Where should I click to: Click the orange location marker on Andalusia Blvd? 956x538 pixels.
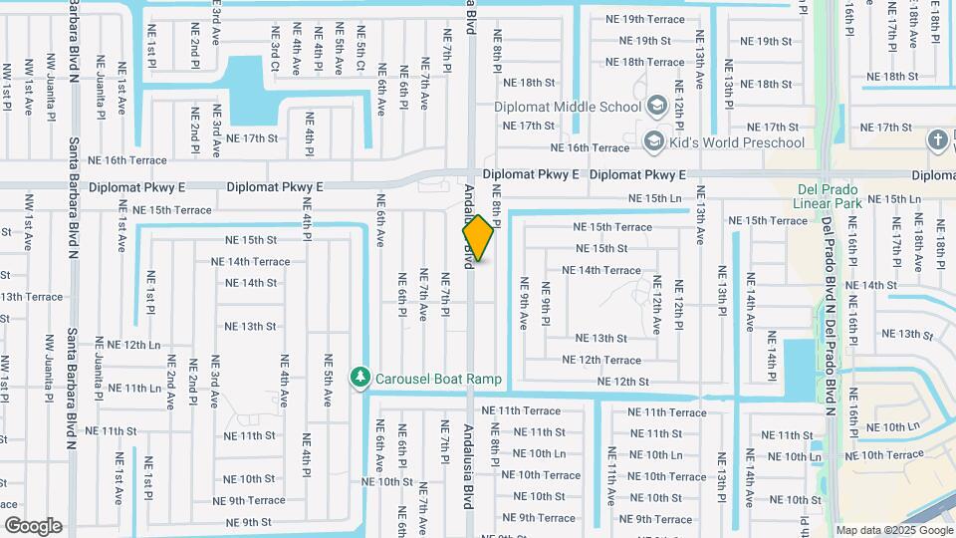(x=478, y=239)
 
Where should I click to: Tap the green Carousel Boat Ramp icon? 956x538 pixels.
(x=360, y=378)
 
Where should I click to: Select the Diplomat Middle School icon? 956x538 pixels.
(x=655, y=106)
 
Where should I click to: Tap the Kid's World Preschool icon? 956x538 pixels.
(x=654, y=141)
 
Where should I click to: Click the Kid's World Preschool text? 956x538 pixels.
(x=738, y=142)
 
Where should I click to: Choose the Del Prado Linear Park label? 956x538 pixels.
(x=834, y=196)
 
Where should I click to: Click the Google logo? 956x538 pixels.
(x=33, y=525)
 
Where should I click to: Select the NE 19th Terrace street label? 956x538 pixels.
(x=645, y=19)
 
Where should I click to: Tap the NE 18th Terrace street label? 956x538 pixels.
(x=645, y=62)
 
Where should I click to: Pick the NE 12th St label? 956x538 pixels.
(x=623, y=382)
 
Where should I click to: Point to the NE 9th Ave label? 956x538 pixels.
(x=524, y=305)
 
